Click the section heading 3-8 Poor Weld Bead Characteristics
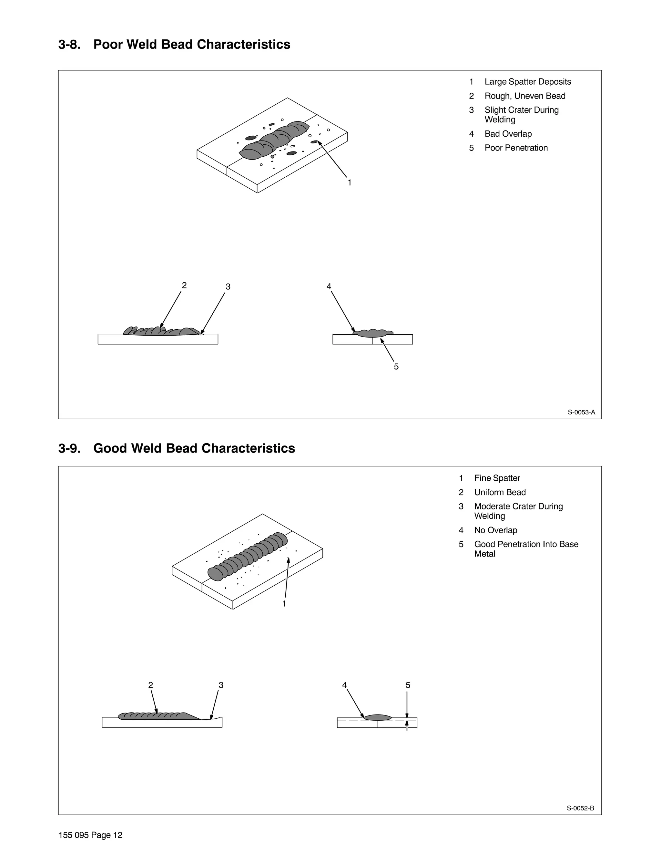[174, 45]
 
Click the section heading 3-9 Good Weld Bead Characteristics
[177, 448]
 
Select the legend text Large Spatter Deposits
[527, 82]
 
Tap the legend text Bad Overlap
[508, 134]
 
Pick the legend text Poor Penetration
[516, 148]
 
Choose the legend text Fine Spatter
[497, 478]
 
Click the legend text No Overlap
[495, 530]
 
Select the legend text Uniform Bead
[500, 492]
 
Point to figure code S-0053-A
[581, 412]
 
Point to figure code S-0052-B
[580, 808]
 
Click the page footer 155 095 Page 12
[90, 835]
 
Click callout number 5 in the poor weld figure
[396, 367]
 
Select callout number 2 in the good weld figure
[150, 685]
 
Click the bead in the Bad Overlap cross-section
[373, 334]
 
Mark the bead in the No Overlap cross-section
[378, 718]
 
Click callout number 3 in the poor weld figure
[228, 287]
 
